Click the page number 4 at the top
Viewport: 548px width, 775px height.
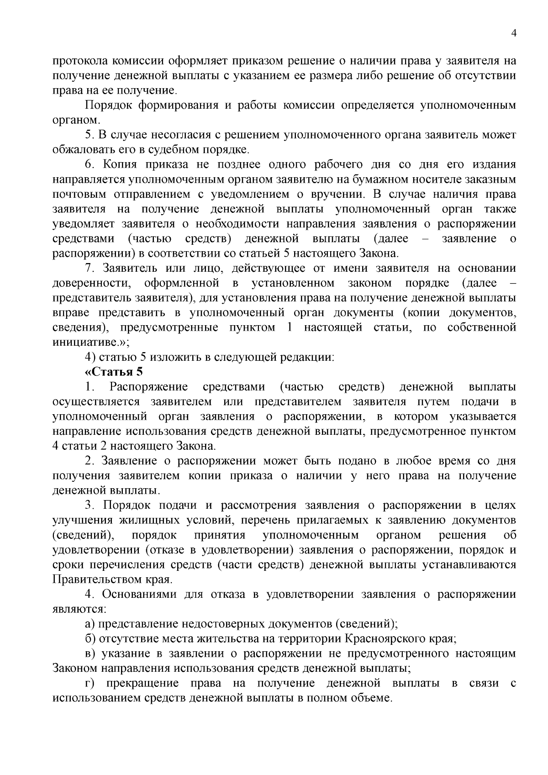(514, 33)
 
